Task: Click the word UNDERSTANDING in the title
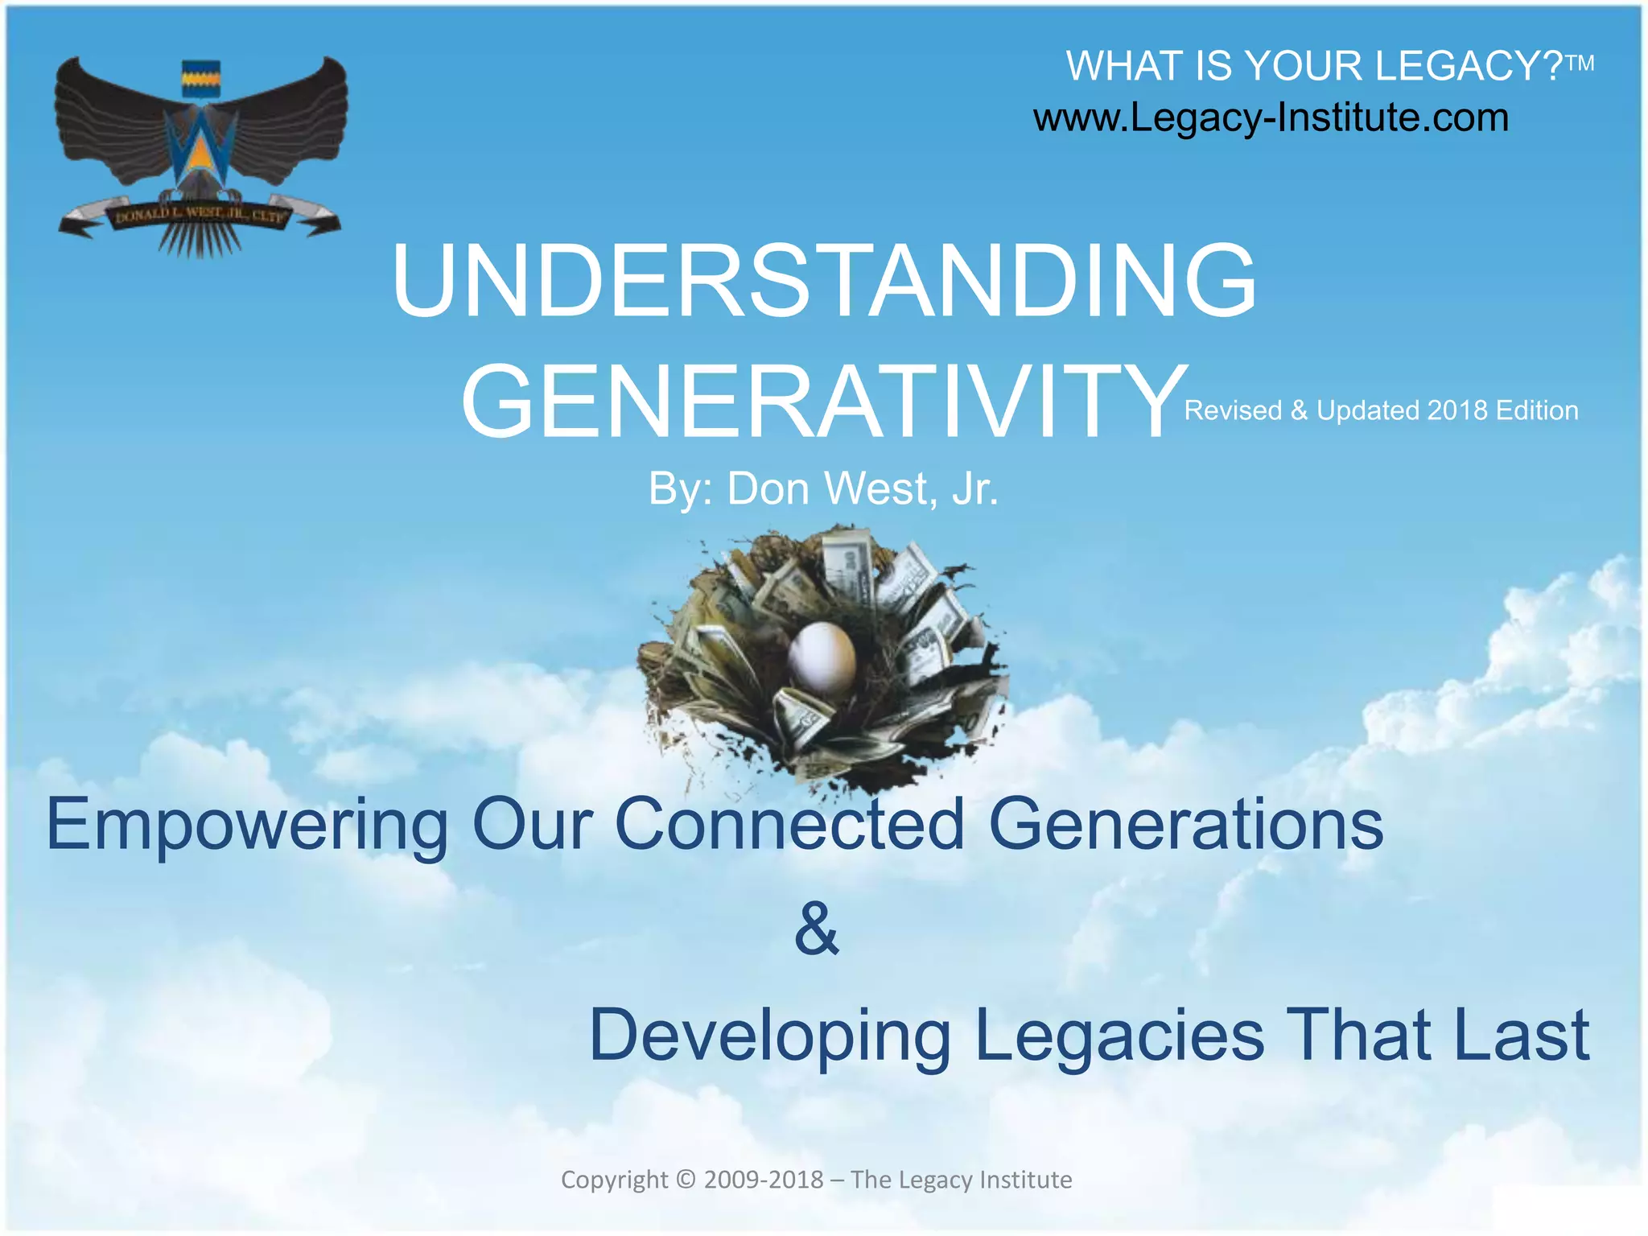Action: pos(824,282)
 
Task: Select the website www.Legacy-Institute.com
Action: pos(1271,118)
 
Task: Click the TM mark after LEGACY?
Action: pos(1580,64)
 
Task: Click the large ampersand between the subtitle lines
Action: pos(816,930)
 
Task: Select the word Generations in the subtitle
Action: pos(1184,824)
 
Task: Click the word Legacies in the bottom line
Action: pos(1119,1036)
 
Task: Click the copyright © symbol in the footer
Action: pos(685,1180)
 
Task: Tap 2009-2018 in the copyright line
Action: pos(763,1180)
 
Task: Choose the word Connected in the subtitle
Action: pos(789,824)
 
